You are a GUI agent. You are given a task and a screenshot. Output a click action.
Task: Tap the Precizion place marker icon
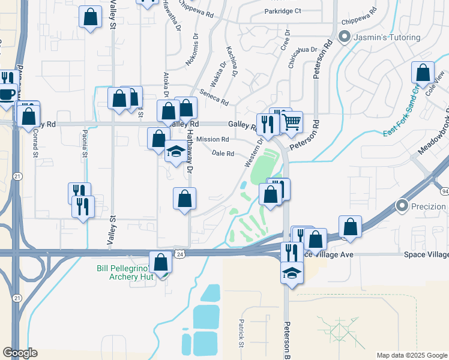402,206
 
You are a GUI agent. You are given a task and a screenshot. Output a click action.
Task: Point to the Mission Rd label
212,139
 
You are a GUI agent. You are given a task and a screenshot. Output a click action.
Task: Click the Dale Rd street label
223,154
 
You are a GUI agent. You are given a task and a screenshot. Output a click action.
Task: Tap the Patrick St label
241,333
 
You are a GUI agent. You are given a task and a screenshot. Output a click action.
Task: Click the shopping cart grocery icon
292,121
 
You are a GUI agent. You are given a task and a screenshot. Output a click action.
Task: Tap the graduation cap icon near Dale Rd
176,151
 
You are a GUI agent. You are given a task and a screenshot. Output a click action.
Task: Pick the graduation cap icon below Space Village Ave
292,272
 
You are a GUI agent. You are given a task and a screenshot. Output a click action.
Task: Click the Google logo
20,353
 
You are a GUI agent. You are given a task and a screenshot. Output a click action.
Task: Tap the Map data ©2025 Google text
411,355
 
